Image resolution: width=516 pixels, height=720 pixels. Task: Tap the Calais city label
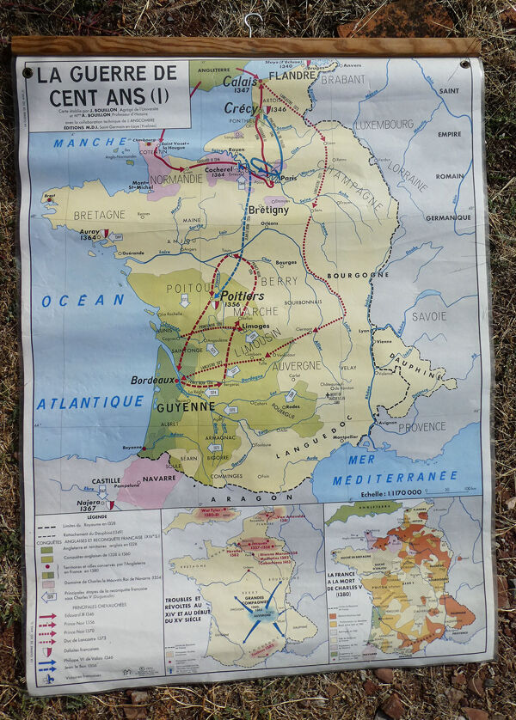[x=240, y=82]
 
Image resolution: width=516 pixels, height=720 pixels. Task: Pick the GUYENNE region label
[x=186, y=406]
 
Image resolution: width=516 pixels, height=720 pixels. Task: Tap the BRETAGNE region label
[x=100, y=215]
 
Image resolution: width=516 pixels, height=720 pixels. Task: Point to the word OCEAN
[x=83, y=301]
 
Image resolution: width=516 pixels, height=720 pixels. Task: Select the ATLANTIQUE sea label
[x=90, y=402]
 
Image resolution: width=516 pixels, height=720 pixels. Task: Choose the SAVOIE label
[x=428, y=316]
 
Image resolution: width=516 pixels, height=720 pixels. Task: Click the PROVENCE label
[x=422, y=426]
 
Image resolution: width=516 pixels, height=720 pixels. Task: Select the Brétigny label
[x=268, y=210]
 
